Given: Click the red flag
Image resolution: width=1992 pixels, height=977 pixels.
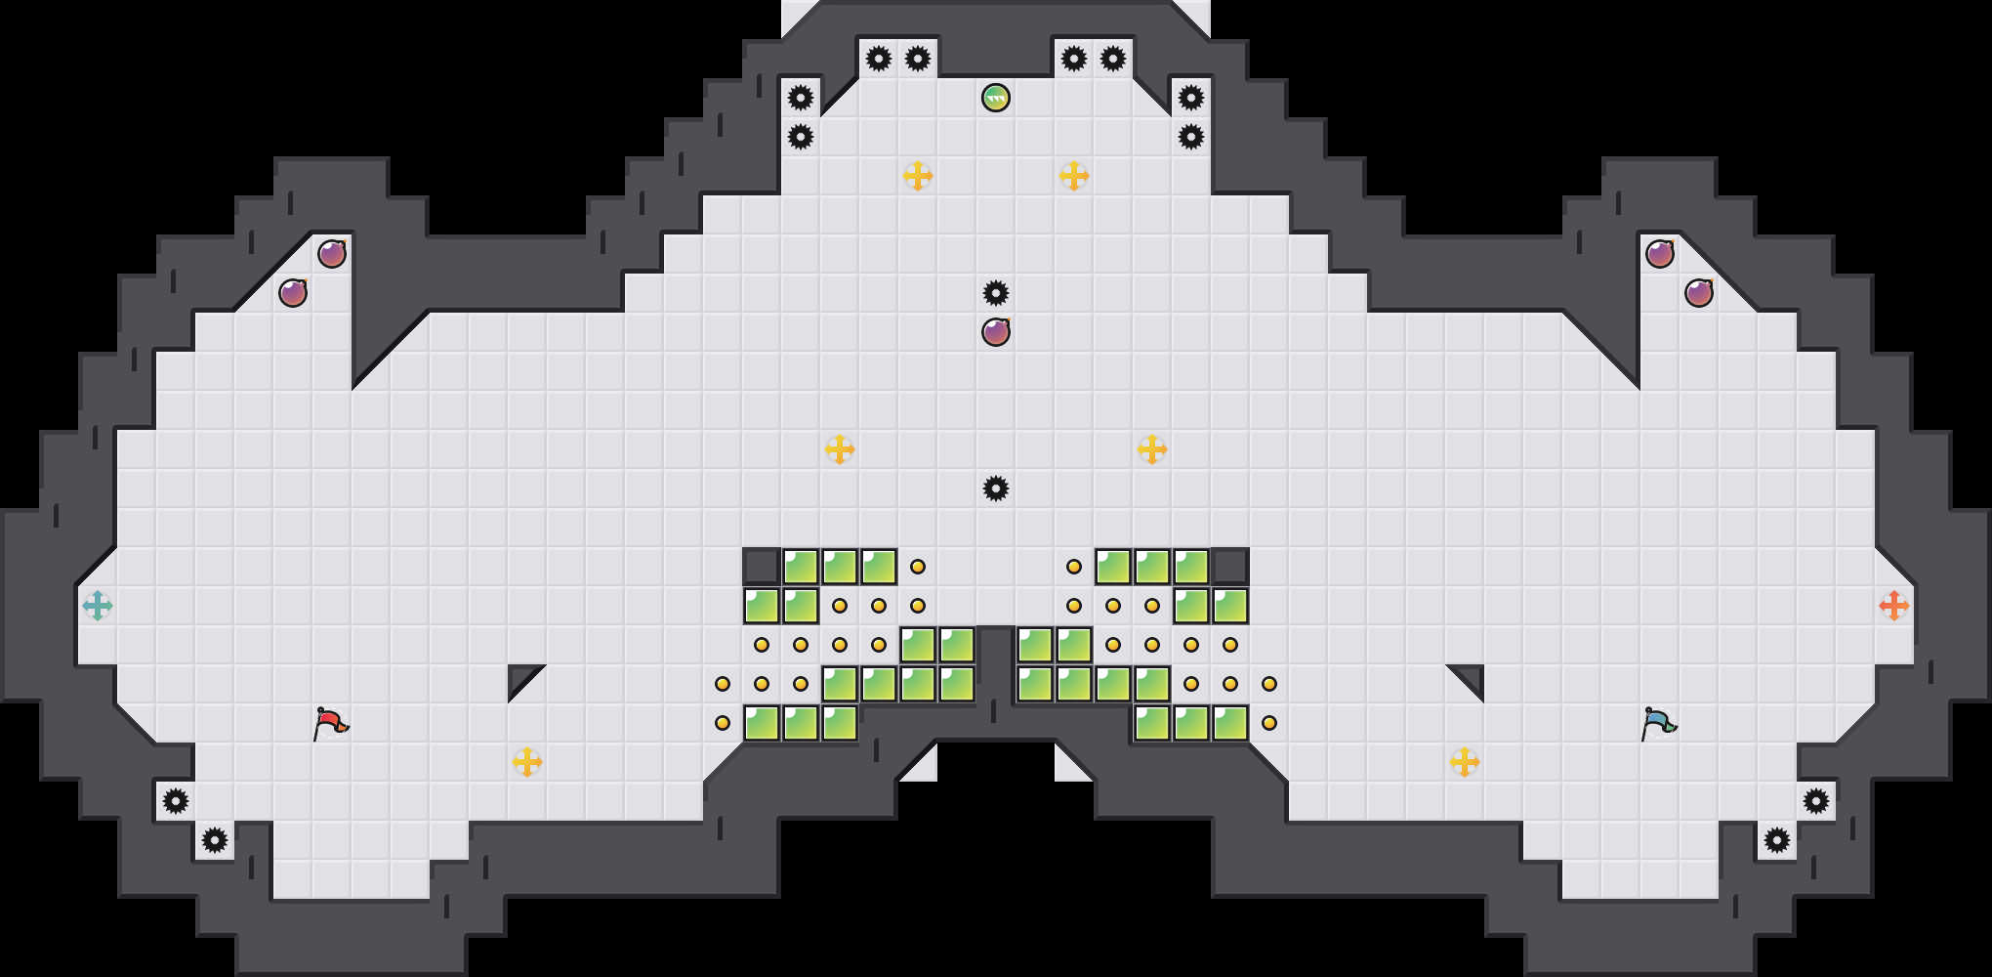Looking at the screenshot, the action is pyautogui.click(x=330, y=723).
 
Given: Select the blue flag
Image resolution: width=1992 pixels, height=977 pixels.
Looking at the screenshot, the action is pyautogui.click(x=1657, y=723).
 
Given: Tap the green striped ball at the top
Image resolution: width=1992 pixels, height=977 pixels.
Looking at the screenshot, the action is pyautogui.click(x=996, y=98).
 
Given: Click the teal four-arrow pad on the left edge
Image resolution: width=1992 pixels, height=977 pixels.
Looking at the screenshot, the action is pyautogui.click(x=98, y=606).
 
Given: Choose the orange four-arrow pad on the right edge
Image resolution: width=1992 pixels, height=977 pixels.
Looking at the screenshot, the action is pyautogui.click(x=1894, y=606).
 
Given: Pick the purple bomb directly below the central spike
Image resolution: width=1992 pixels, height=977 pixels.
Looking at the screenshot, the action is pyautogui.click(x=996, y=332).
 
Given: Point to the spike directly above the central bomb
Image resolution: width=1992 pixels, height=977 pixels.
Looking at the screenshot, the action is pyautogui.click(x=996, y=293).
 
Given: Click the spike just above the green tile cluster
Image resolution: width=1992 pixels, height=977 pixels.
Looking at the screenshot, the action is pyautogui.click(x=996, y=488).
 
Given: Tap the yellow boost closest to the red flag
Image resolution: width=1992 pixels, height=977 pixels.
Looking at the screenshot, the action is pyautogui.click(x=527, y=762).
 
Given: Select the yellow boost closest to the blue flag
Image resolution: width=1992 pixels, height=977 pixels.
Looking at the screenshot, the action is pyautogui.click(x=1465, y=762).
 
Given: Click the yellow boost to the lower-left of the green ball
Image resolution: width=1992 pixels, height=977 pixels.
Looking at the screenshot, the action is pyautogui.click(x=918, y=176).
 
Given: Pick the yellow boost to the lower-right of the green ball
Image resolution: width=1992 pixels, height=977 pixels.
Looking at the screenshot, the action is pyautogui.click(x=1074, y=176).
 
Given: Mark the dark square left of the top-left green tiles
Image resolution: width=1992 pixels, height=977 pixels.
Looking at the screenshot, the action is pyautogui.click(x=762, y=567).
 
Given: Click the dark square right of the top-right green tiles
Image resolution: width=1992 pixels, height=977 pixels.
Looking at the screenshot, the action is pyautogui.click(x=1230, y=567).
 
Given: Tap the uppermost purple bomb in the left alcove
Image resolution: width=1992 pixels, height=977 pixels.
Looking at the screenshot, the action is pyautogui.click(x=332, y=254).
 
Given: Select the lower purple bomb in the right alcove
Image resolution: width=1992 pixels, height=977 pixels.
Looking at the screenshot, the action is pyautogui.click(x=1699, y=293).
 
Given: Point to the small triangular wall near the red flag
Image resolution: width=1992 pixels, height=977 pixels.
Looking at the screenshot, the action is pyautogui.click(x=520, y=677).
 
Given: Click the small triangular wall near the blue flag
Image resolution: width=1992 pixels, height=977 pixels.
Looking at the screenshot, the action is pyautogui.click(x=1472, y=677).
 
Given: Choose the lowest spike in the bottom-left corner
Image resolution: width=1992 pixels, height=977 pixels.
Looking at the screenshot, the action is pyautogui.click(x=215, y=840).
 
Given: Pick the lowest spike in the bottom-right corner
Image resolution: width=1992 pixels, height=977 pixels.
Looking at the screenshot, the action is pyautogui.click(x=1777, y=840).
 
